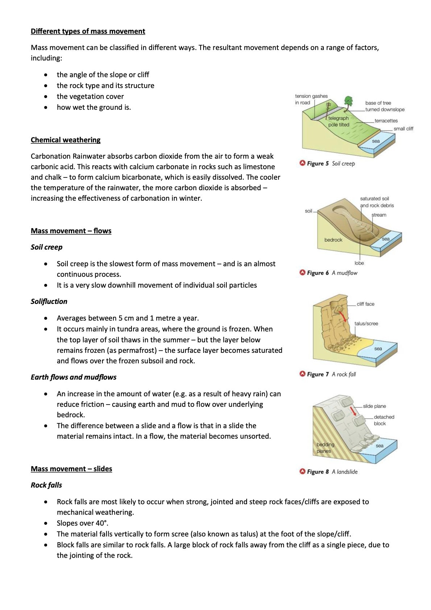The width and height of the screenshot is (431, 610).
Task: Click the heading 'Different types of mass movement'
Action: (x=88, y=31)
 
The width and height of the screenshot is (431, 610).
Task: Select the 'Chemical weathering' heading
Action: (x=66, y=140)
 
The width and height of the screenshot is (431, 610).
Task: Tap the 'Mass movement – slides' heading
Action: (x=71, y=469)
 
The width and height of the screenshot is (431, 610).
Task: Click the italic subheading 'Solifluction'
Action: (x=49, y=301)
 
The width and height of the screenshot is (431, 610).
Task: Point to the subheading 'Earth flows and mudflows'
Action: (x=74, y=377)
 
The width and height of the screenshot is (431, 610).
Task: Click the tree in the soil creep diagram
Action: (x=348, y=101)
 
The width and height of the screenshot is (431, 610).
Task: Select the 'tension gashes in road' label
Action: (x=311, y=99)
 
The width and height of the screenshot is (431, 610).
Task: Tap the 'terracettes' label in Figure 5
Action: (x=386, y=121)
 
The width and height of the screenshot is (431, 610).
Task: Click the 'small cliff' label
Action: (x=403, y=129)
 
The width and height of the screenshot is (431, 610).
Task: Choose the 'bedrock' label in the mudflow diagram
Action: (x=333, y=240)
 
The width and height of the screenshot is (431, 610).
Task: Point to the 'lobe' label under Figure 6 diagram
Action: (x=359, y=263)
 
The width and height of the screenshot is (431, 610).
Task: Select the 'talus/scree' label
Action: (x=366, y=323)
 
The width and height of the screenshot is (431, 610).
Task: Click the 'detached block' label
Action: (x=384, y=420)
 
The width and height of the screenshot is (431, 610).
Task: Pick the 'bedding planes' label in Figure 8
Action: (x=325, y=448)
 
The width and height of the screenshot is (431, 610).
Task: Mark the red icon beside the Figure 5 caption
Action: (x=302, y=163)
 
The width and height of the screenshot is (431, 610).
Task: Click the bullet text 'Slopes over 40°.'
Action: (x=83, y=523)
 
